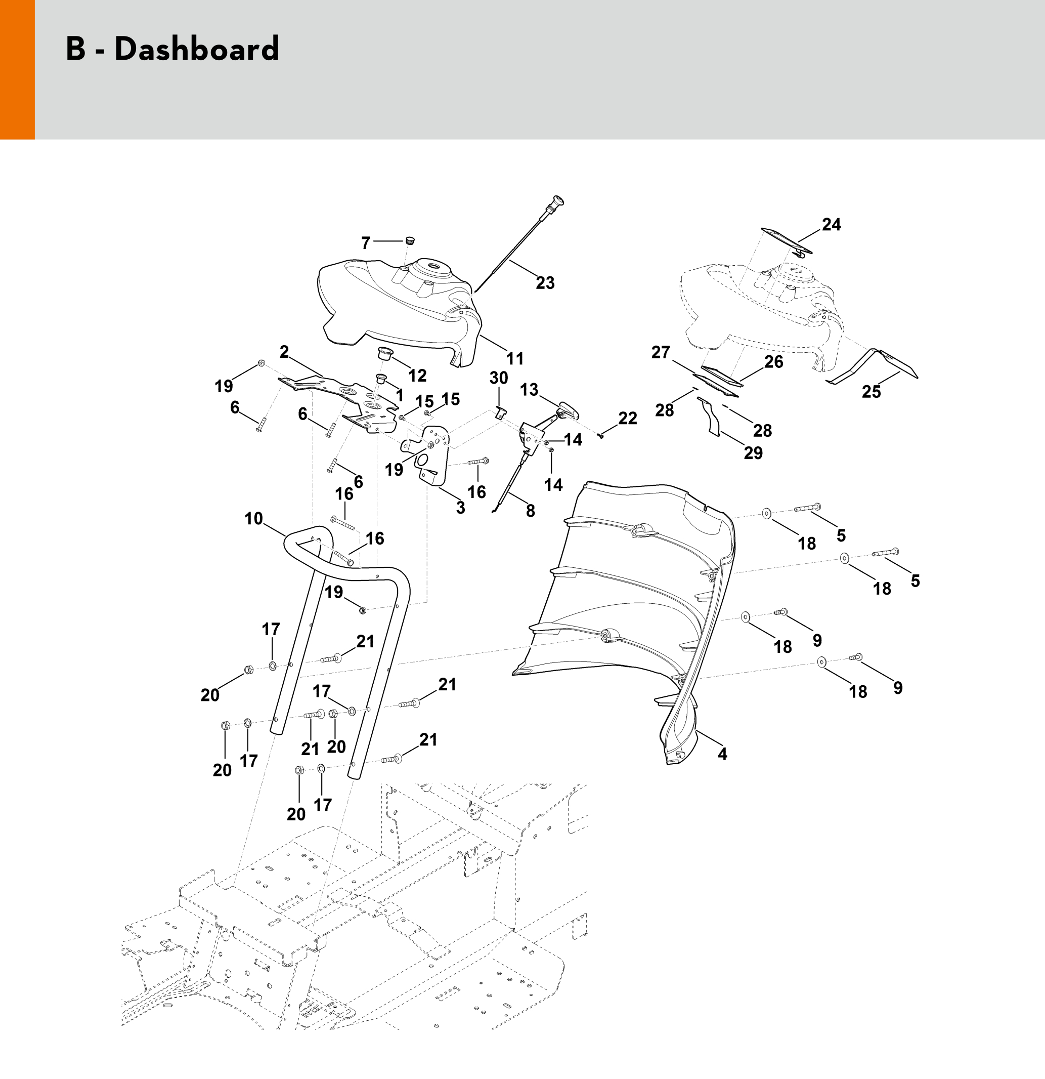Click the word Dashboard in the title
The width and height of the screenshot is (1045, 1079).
196,49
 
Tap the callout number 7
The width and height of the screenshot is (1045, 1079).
365,242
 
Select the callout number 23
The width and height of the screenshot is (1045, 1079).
545,283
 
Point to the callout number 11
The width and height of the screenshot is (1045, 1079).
514,358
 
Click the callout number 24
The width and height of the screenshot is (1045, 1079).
831,225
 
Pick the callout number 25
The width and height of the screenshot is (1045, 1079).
871,391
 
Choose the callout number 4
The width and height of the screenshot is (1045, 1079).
722,754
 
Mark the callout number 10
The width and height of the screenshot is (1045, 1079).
254,518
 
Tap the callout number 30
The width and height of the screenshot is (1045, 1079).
499,378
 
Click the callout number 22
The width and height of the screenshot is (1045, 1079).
627,419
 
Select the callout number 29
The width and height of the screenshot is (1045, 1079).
753,452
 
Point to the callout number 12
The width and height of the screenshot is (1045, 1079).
417,376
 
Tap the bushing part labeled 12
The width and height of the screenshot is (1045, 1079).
382,353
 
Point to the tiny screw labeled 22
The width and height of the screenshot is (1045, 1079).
601,436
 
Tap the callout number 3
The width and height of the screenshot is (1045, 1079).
460,508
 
